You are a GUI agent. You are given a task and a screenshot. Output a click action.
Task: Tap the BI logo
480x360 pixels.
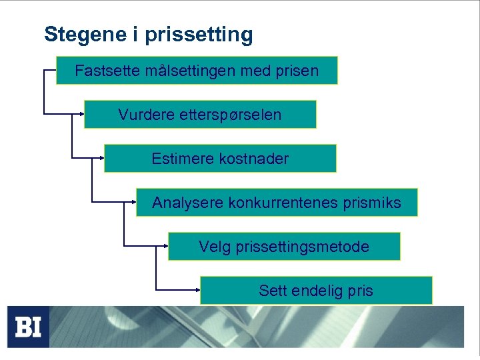pos(29,327)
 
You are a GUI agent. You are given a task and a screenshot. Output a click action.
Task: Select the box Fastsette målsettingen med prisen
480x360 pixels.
pos(197,70)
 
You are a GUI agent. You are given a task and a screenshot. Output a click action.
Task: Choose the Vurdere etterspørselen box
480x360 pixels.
pos(200,115)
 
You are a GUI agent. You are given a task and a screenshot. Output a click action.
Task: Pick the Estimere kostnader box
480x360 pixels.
pos(220,159)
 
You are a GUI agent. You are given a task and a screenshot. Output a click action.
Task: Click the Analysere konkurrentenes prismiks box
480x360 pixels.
pos(277,203)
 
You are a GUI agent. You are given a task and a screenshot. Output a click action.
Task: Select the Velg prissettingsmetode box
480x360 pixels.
pos(284,247)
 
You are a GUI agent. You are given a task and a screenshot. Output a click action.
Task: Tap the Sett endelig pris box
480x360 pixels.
pos(316,291)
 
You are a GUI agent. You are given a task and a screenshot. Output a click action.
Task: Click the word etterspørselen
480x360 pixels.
pos(231,115)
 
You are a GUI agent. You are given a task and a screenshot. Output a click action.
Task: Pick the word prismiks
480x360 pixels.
pos(374,203)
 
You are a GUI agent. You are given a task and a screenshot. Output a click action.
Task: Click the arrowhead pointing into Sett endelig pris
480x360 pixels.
pos(197,290)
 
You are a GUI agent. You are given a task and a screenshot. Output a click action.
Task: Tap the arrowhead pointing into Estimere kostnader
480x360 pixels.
pos(101,158)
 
